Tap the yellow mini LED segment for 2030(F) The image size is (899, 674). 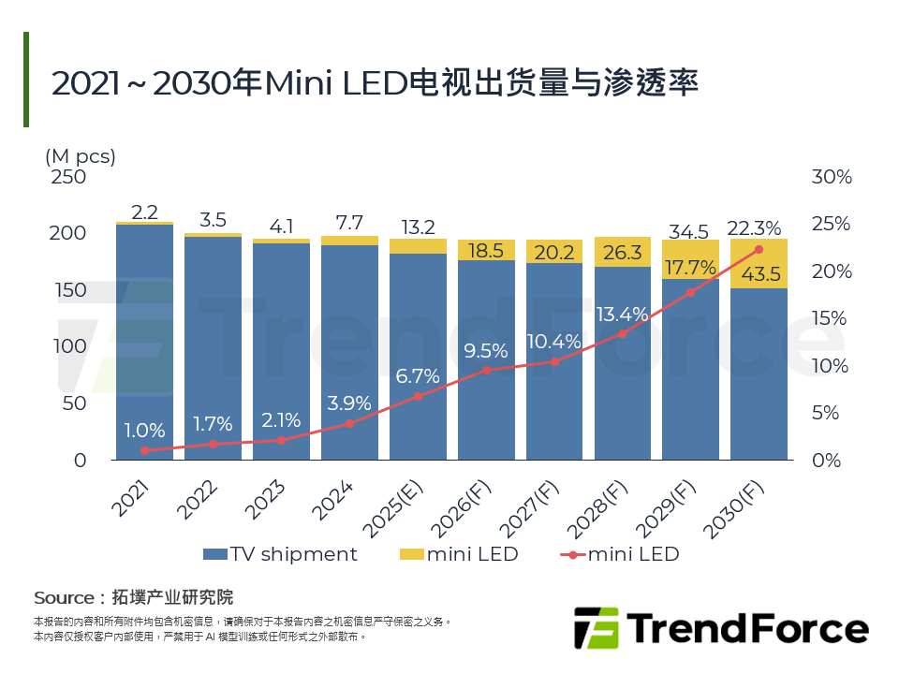759,264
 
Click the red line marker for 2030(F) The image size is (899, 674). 759,249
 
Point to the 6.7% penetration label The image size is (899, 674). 418,375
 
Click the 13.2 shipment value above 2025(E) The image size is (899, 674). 418,227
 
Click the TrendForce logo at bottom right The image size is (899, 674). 720,628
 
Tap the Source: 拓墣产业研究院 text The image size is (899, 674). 133,597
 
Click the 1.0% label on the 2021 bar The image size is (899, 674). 144,431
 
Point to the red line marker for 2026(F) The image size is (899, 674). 486,370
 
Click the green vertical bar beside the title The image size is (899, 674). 26,80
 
